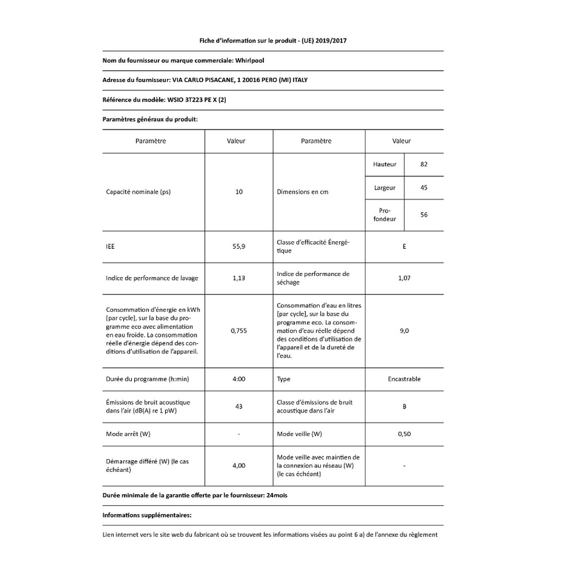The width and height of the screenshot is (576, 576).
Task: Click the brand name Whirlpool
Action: coord(251,60)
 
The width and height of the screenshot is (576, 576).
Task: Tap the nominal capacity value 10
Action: coord(239,192)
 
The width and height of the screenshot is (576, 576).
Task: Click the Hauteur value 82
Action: coord(424,165)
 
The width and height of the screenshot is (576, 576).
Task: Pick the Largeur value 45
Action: coord(424,187)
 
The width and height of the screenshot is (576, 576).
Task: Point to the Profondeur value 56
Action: coord(424,215)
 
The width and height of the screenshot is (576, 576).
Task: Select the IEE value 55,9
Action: coord(239,247)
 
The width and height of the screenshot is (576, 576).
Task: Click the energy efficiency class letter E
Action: coord(404,247)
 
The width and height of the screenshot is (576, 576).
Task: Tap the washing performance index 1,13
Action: coord(239,278)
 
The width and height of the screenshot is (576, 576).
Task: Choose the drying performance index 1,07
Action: coord(404,278)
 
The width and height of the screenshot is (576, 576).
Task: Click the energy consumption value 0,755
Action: coord(239,331)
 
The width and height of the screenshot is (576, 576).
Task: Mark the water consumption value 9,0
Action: coord(404,331)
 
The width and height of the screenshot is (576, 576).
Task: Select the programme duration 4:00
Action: coord(239,379)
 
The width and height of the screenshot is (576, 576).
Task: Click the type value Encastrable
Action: coord(404,379)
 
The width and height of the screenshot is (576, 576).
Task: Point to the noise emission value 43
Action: coord(239,406)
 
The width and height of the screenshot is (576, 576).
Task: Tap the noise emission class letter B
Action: coord(404,406)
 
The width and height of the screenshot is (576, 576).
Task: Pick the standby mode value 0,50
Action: coord(404,434)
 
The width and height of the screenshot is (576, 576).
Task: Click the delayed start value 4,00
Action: coord(239,465)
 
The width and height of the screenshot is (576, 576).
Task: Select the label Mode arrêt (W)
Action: coord(132,434)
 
